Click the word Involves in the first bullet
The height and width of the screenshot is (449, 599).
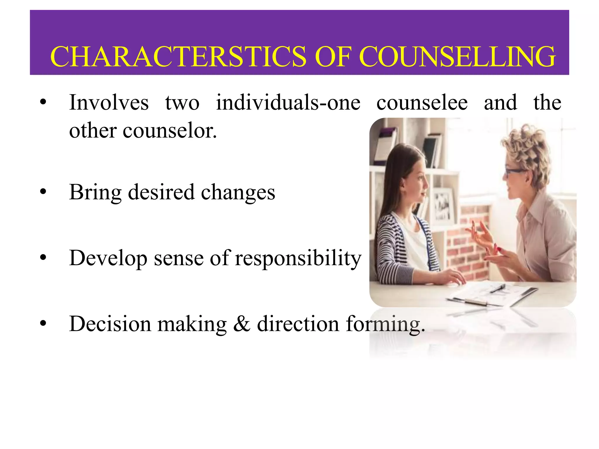pyautogui.click(x=109, y=103)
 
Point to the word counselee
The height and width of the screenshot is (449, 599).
pyautogui.click(x=422, y=103)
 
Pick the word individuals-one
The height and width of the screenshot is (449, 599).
pyautogui.click(x=288, y=103)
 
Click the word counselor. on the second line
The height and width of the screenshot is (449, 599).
pyautogui.click(x=170, y=131)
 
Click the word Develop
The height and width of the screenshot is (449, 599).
pyautogui.click(x=108, y=258)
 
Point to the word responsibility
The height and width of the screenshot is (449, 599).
pyautogui.click(x=298, y=258)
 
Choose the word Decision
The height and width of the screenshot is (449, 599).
pyautogui.click(x=110, y=324)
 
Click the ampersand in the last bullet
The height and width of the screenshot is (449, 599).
pyautogui.click(x=242, y=324)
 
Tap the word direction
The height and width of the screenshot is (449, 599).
pyautogui.click(x=298, y=324)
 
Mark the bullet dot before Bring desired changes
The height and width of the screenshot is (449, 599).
pyautogui.click(x=43, y=192)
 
